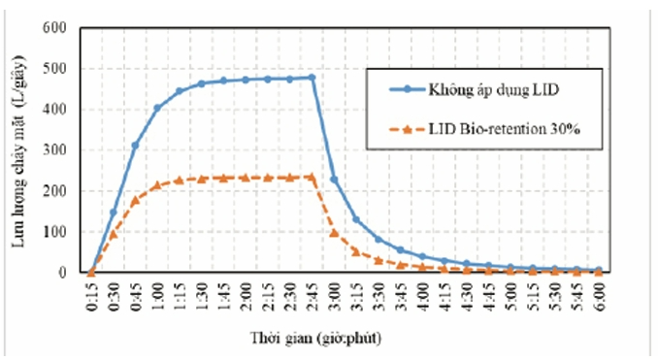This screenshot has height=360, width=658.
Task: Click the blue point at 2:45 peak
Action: pos(312,78)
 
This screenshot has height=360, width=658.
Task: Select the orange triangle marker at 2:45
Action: pos(312,177)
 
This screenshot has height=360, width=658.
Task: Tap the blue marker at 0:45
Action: pos(135,146)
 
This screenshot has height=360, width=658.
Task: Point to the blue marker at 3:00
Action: pos(334,180)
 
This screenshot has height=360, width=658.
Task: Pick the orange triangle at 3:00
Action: pos(334,233)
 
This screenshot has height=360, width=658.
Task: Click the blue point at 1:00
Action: pos(157,109)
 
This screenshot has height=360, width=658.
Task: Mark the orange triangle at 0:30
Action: pos(114,234)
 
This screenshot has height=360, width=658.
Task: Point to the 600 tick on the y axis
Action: pos(54,28)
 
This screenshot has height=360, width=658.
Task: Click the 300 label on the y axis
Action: pos(54,149)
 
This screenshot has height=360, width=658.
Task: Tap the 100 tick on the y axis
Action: pos(54,232)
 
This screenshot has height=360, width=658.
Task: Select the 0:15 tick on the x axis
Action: pos(92,297)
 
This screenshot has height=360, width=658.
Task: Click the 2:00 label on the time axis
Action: pos(246,297)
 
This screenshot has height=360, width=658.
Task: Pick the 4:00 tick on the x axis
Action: pos(422,297)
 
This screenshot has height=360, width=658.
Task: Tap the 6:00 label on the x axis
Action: pos(599,297)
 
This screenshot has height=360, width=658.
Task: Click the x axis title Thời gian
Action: pos(315,338)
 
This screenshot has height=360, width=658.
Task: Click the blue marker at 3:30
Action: pos(378,239)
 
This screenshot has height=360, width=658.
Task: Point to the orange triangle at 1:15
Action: pos(180,180)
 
